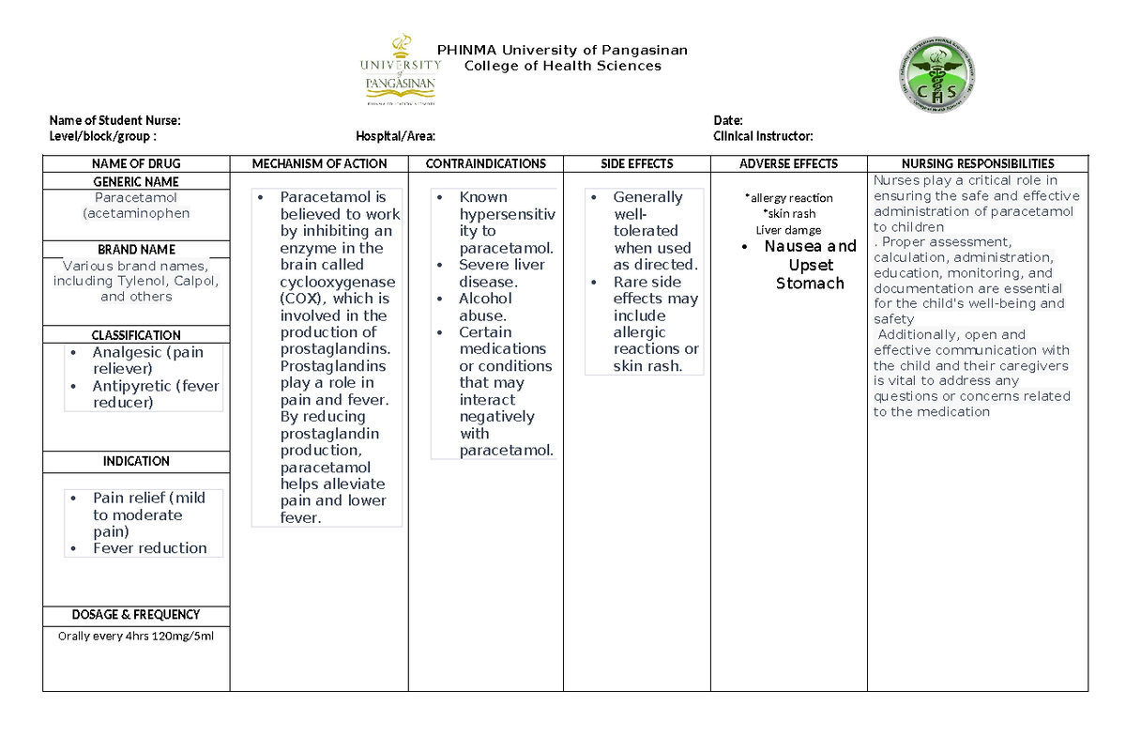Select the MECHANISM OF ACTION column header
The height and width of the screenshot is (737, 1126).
pos(319,163)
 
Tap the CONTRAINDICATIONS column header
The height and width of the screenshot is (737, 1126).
pos(485,163)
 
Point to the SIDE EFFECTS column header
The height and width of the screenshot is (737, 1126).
pos(637,163)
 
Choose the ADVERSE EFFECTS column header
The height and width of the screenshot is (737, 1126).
pos(788,163)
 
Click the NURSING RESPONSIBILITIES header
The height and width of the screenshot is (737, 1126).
pos(977,163)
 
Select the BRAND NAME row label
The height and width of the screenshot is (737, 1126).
pos(137,250)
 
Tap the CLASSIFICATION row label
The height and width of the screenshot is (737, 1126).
pos(136,335)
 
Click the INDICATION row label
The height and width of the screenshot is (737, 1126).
pos(136,461)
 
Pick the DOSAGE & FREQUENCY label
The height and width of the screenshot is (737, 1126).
pos(136,615)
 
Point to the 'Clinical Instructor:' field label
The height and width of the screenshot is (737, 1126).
pos(763,136)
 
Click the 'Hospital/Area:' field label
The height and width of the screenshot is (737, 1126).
pos(395,136)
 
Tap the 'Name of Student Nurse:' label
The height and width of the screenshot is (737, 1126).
pos(114,120)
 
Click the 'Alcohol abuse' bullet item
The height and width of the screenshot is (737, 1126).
pos(485,307)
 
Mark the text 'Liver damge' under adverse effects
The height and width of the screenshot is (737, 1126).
pos(788,230)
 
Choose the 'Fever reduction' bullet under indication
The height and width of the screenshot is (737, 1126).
pos(150,548)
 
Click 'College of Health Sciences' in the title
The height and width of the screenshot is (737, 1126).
pos(563,66)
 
